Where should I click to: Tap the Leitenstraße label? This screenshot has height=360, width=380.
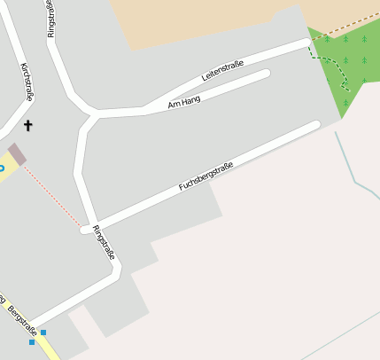[x=222, y=71]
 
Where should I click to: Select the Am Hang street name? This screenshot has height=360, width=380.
[x=184, y=102]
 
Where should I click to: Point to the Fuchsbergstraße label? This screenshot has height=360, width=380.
[x=206, y=176]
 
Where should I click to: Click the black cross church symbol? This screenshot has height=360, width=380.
[x=27, y=126]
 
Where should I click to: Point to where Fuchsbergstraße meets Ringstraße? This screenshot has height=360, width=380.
[x=88, y=229]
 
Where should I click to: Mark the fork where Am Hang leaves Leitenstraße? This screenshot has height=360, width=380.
[x=146, y=110]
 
